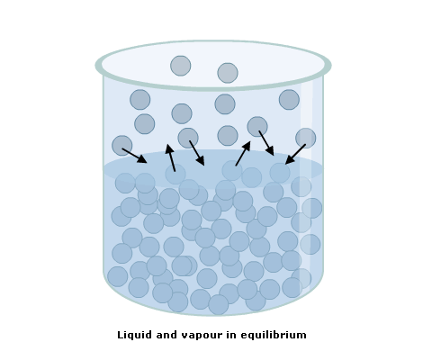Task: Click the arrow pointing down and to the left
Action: point(295,154)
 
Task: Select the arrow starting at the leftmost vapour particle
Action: point(134,156)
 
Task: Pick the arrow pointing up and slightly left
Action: point(171,157)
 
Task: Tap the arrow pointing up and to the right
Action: point(243,153)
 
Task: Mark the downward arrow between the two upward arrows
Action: point(197,153)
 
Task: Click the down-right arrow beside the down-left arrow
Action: point(266,143)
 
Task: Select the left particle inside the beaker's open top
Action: point(180,66)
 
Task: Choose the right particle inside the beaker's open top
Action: point(228,73)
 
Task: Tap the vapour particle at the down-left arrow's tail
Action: point(306,138)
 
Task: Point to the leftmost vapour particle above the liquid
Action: point(121,146)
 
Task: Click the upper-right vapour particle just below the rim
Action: point(289,100)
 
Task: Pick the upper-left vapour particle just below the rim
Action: point(140,100)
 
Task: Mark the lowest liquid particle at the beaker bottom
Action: point(219,305)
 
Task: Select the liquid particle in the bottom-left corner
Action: point(118,276)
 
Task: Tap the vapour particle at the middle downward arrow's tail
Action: point(188,138)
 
